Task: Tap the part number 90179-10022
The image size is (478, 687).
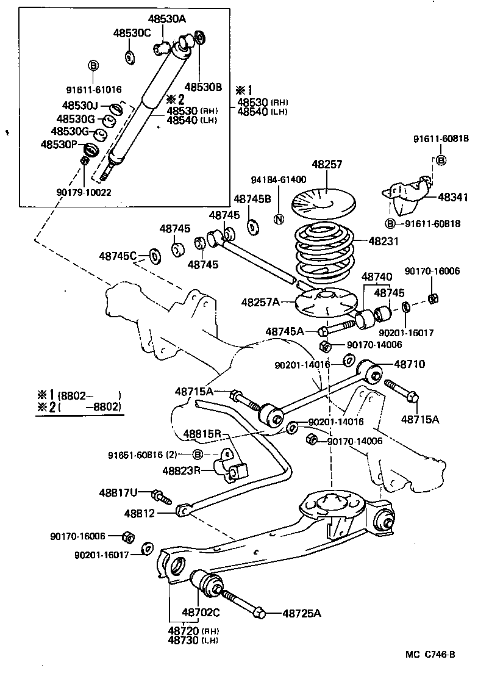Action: point(84,192)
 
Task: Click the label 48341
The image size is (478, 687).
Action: point(453,198)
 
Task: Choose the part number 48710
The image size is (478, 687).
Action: point(409,364)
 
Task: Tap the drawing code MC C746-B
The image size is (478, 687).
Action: point(430,655)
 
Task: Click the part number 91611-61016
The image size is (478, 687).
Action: point(93,88)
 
